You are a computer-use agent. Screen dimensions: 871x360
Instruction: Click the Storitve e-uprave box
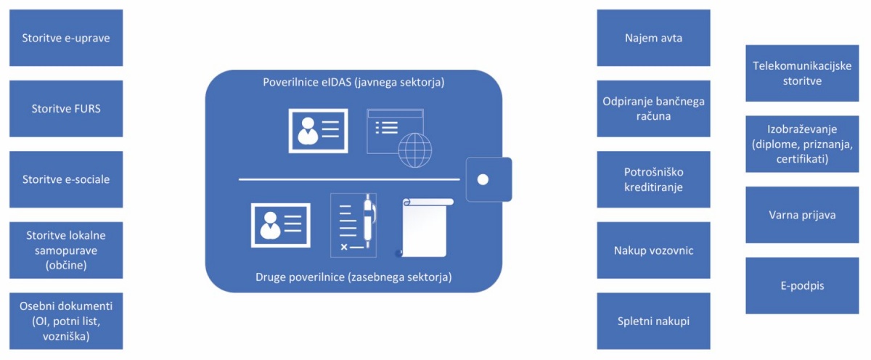coord(66,38)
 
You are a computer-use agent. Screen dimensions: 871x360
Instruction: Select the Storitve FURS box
coord(66,108)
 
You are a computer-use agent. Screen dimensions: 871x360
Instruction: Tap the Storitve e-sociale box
coord(66,179)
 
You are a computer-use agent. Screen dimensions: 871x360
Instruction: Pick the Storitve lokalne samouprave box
coord(66,250)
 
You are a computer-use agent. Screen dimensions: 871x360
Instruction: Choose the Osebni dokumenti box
coord(66,321)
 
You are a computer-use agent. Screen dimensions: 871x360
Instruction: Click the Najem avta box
coord(654,38)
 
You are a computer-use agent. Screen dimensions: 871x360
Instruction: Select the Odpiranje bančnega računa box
coord(654,108)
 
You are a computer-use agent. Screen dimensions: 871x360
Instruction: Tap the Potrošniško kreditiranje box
coord(654,179)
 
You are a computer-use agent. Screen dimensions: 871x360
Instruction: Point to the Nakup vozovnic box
coord(654,250)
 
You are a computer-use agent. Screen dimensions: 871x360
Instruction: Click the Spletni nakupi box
coord(654,321)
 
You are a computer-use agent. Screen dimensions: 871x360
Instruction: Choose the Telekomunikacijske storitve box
coord(802,73)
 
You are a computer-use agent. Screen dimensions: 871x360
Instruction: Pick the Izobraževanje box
coord(802,144)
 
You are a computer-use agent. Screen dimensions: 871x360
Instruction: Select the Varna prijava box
coord(802,215)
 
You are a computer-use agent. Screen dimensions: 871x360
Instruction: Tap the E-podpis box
coord(802,285)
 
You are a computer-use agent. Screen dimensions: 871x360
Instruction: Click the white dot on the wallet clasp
coord(483,179)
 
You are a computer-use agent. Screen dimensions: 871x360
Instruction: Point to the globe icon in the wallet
coord(415,150)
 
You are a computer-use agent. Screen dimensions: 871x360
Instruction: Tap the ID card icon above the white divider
coord(318,131)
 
